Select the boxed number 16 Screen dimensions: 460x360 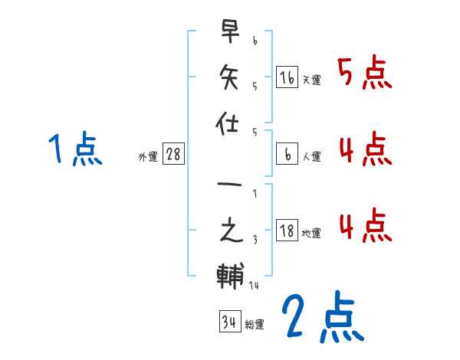coord(287,77)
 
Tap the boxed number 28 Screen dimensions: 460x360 coord(173,154)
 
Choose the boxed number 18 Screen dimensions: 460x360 coord(287,231)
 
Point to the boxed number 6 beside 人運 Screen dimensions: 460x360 coord(287,154)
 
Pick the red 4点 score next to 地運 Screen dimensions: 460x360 coord(364,227)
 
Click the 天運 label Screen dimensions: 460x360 coord(311,80)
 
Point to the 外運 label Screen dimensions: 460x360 coord(148,157)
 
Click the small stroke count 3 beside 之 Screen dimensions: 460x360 coord(255,241)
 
